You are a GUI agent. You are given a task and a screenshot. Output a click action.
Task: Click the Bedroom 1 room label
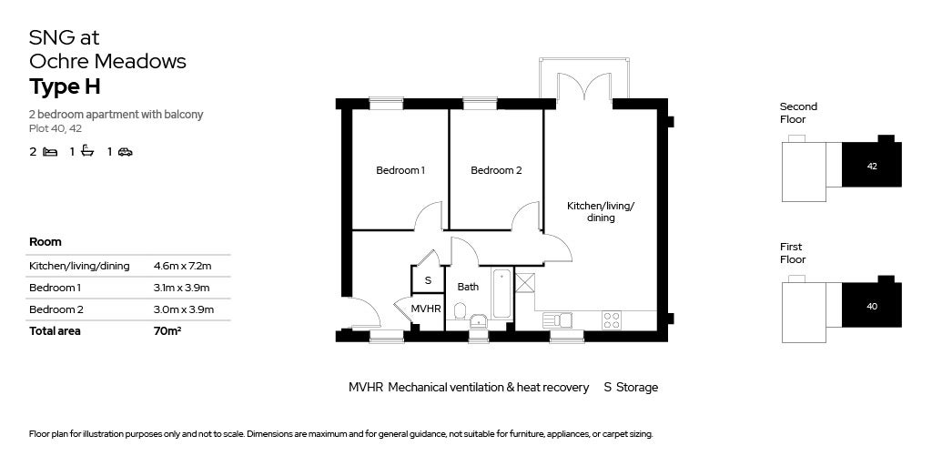(400, 170)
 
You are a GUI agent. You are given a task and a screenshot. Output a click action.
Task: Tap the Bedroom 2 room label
(496, 170)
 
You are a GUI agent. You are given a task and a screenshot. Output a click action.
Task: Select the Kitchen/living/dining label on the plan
(601, 211)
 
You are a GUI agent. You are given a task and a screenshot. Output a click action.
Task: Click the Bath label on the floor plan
(468, 287)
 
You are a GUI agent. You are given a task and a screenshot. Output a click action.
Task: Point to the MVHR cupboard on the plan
(426, 309)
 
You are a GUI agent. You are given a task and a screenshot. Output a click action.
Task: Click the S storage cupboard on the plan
(426, 280)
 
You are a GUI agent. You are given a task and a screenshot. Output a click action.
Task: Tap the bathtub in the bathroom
(502, 293)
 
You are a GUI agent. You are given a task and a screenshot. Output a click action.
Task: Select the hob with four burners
(612, 319)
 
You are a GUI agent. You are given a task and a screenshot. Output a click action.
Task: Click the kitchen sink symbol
(556, 319)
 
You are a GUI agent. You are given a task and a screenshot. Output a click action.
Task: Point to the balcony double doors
(583, 88)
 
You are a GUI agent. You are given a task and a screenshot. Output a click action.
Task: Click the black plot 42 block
(871, 165)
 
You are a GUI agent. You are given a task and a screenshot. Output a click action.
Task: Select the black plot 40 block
(871, 305)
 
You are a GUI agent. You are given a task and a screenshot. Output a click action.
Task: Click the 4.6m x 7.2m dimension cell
(182, 266)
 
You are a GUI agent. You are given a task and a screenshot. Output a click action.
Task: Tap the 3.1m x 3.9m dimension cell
(182, 288)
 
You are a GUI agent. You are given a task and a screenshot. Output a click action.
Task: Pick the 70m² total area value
(167, 331)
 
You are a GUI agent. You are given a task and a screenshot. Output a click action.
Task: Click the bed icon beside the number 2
(50, 152)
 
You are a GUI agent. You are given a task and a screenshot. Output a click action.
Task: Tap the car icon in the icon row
(125, 152)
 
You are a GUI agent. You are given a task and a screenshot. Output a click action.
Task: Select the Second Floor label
(798, 113)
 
